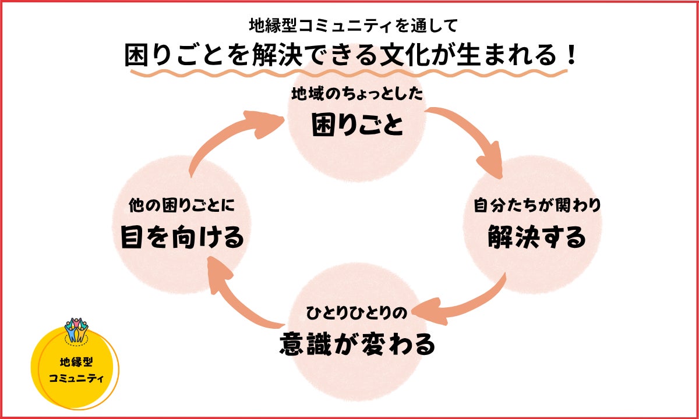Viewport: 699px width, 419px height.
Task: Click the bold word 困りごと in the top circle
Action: click(x=357, y=124)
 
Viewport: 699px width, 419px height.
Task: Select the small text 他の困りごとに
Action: click(x=182, y=205)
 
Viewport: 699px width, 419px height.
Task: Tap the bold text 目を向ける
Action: click(x=182, y=237)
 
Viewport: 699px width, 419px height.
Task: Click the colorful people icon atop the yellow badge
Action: click(x=75, y=331)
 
